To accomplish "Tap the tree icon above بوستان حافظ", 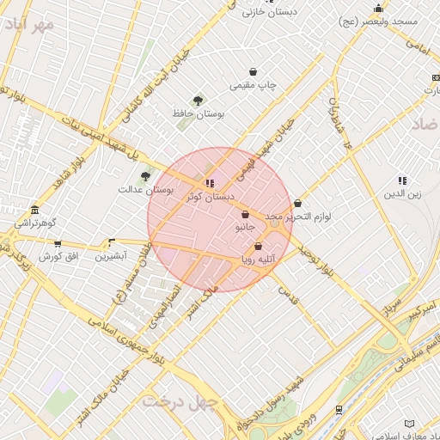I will [199, 101].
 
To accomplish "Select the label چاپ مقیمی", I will [253, 86].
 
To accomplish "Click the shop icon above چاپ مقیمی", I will [253, 72].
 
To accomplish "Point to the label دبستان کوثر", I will [211, 197].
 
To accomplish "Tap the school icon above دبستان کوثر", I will [210, 183].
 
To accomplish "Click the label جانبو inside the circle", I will [245, 228].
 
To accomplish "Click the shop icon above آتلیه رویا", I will [258, 247].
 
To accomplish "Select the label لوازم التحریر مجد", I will [297, 217].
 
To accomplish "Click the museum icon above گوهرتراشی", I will [34, 211].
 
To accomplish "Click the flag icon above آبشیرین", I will [111, 243].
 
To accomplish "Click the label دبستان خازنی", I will [266, 13].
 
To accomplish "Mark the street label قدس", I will [288, 295].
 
